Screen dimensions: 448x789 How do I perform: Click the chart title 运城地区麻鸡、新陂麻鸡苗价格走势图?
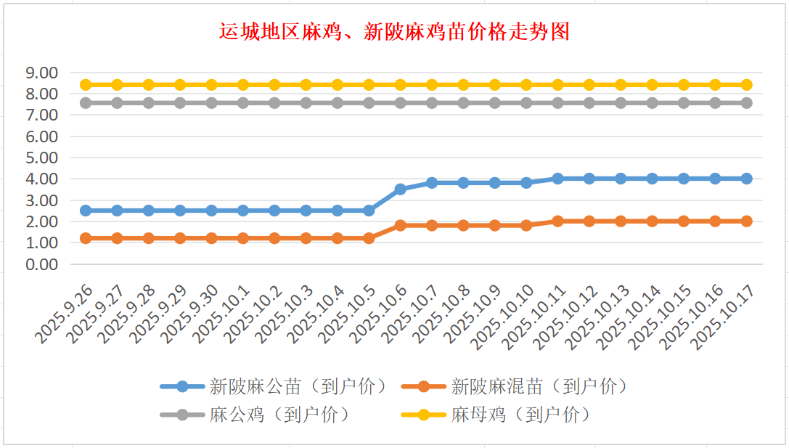[394, 33]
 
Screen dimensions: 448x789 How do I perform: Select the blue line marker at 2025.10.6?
[400, 189]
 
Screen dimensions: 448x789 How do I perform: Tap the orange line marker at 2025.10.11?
[557, 221]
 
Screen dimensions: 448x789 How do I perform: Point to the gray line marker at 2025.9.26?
[86, 103]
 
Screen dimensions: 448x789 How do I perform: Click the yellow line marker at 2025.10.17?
[746, 85]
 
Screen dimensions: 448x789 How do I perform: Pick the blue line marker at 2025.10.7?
[432, 183]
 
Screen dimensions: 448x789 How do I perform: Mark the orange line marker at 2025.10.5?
[369, 238]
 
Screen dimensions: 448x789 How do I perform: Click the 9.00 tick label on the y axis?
[41, 73]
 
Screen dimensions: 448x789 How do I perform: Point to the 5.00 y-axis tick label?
[41, 158]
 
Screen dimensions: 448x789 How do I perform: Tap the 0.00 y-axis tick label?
[41, 264]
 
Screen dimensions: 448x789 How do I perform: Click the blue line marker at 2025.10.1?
[243, 211]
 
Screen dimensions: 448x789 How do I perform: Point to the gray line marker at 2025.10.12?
[589, 103]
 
